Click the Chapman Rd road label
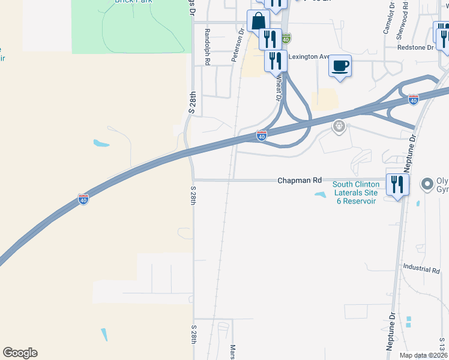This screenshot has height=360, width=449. click(x=300, y=180)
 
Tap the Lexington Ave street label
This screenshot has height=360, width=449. click(x=309, y=57)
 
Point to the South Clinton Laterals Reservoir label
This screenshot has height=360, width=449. click(x=355, y=193)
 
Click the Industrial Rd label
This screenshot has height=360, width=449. click(x=421, y=270)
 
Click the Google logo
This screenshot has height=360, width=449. click(x=20, y=353)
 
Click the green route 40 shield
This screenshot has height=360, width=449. click(x=286, y=38)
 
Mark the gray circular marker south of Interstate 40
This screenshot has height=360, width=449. click(x=339, y=127)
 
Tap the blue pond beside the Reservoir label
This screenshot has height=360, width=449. click(x=320, y=194)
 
